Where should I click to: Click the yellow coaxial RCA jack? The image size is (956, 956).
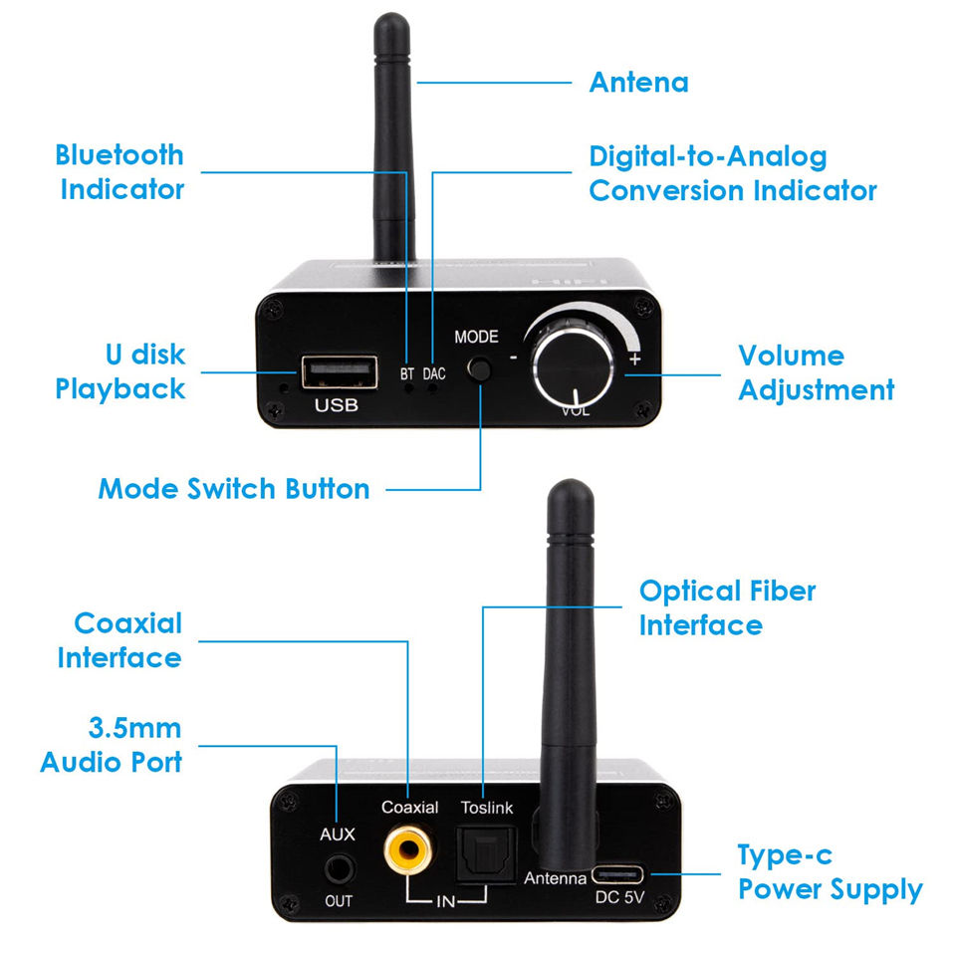point(408,849)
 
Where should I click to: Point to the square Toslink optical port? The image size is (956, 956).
point(481,852)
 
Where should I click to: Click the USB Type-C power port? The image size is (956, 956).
point(617,875)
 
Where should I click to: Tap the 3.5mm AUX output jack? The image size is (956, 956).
point(339,869)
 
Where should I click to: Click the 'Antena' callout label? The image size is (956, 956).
point(638,82)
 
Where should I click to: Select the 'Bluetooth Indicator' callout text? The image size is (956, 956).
point(120,171)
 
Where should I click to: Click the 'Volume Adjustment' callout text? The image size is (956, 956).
point(816,372)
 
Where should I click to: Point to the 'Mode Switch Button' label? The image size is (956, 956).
point(234,489)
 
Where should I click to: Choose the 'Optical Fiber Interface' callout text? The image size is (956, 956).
point(727,607)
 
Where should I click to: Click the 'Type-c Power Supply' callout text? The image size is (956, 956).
point(829,872)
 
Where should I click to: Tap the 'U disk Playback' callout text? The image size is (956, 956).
point(120,371)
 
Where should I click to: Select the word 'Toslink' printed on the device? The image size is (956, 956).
point(486,808)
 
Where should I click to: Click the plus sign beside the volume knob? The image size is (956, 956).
point(634,358)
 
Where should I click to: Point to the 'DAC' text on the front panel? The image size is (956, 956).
point(434,374)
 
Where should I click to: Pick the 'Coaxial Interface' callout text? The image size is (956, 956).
point(120,640)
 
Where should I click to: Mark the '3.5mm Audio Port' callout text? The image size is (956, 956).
point(112,744)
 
